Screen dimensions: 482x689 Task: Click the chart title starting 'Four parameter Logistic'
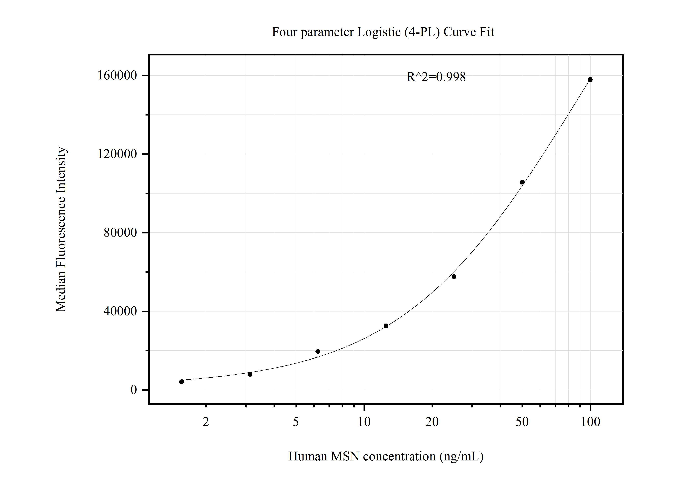383,32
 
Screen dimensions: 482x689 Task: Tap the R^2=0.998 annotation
436,77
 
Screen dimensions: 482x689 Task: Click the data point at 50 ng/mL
522,182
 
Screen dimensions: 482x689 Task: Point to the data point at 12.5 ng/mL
386,326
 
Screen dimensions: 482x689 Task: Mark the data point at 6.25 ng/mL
318,352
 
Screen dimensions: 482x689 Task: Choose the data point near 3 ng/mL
250,374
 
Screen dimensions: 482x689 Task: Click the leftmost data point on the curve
182,382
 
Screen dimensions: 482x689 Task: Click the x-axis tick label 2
206,422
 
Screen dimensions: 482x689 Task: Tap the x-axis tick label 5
296,422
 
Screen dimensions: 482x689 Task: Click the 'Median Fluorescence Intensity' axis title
61,229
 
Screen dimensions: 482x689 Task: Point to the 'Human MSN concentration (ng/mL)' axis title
386,456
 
